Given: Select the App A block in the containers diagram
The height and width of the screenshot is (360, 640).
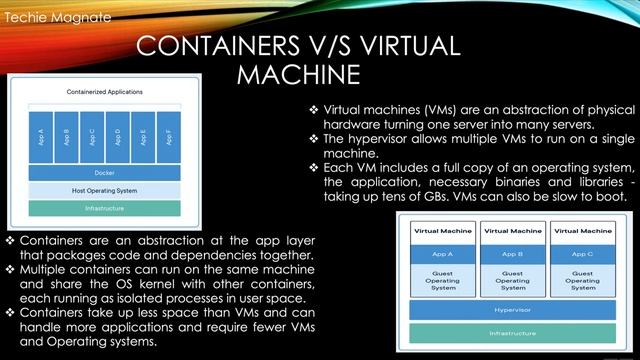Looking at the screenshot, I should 40,136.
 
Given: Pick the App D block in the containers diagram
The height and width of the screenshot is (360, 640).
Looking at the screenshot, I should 118,136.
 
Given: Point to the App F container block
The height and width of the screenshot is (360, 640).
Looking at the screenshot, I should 169,136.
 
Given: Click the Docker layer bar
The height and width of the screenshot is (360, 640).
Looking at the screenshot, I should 104,173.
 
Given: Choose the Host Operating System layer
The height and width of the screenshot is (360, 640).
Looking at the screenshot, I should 104,190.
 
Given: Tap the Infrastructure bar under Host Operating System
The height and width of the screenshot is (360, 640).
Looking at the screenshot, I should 104,208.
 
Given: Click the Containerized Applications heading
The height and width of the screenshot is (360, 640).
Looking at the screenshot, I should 104,91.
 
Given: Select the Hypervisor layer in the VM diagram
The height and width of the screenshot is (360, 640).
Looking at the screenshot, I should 512,311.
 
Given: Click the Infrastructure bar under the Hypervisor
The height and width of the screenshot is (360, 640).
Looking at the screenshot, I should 512,333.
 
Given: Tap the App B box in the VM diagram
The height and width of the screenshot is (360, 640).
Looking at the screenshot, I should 512,253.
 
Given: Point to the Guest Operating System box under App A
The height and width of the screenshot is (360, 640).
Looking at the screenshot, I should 443,280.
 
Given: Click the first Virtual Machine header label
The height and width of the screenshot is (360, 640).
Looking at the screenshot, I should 443,231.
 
